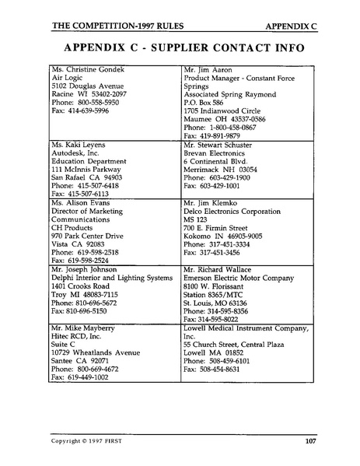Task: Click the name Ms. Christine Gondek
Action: (x=89, y=71)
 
